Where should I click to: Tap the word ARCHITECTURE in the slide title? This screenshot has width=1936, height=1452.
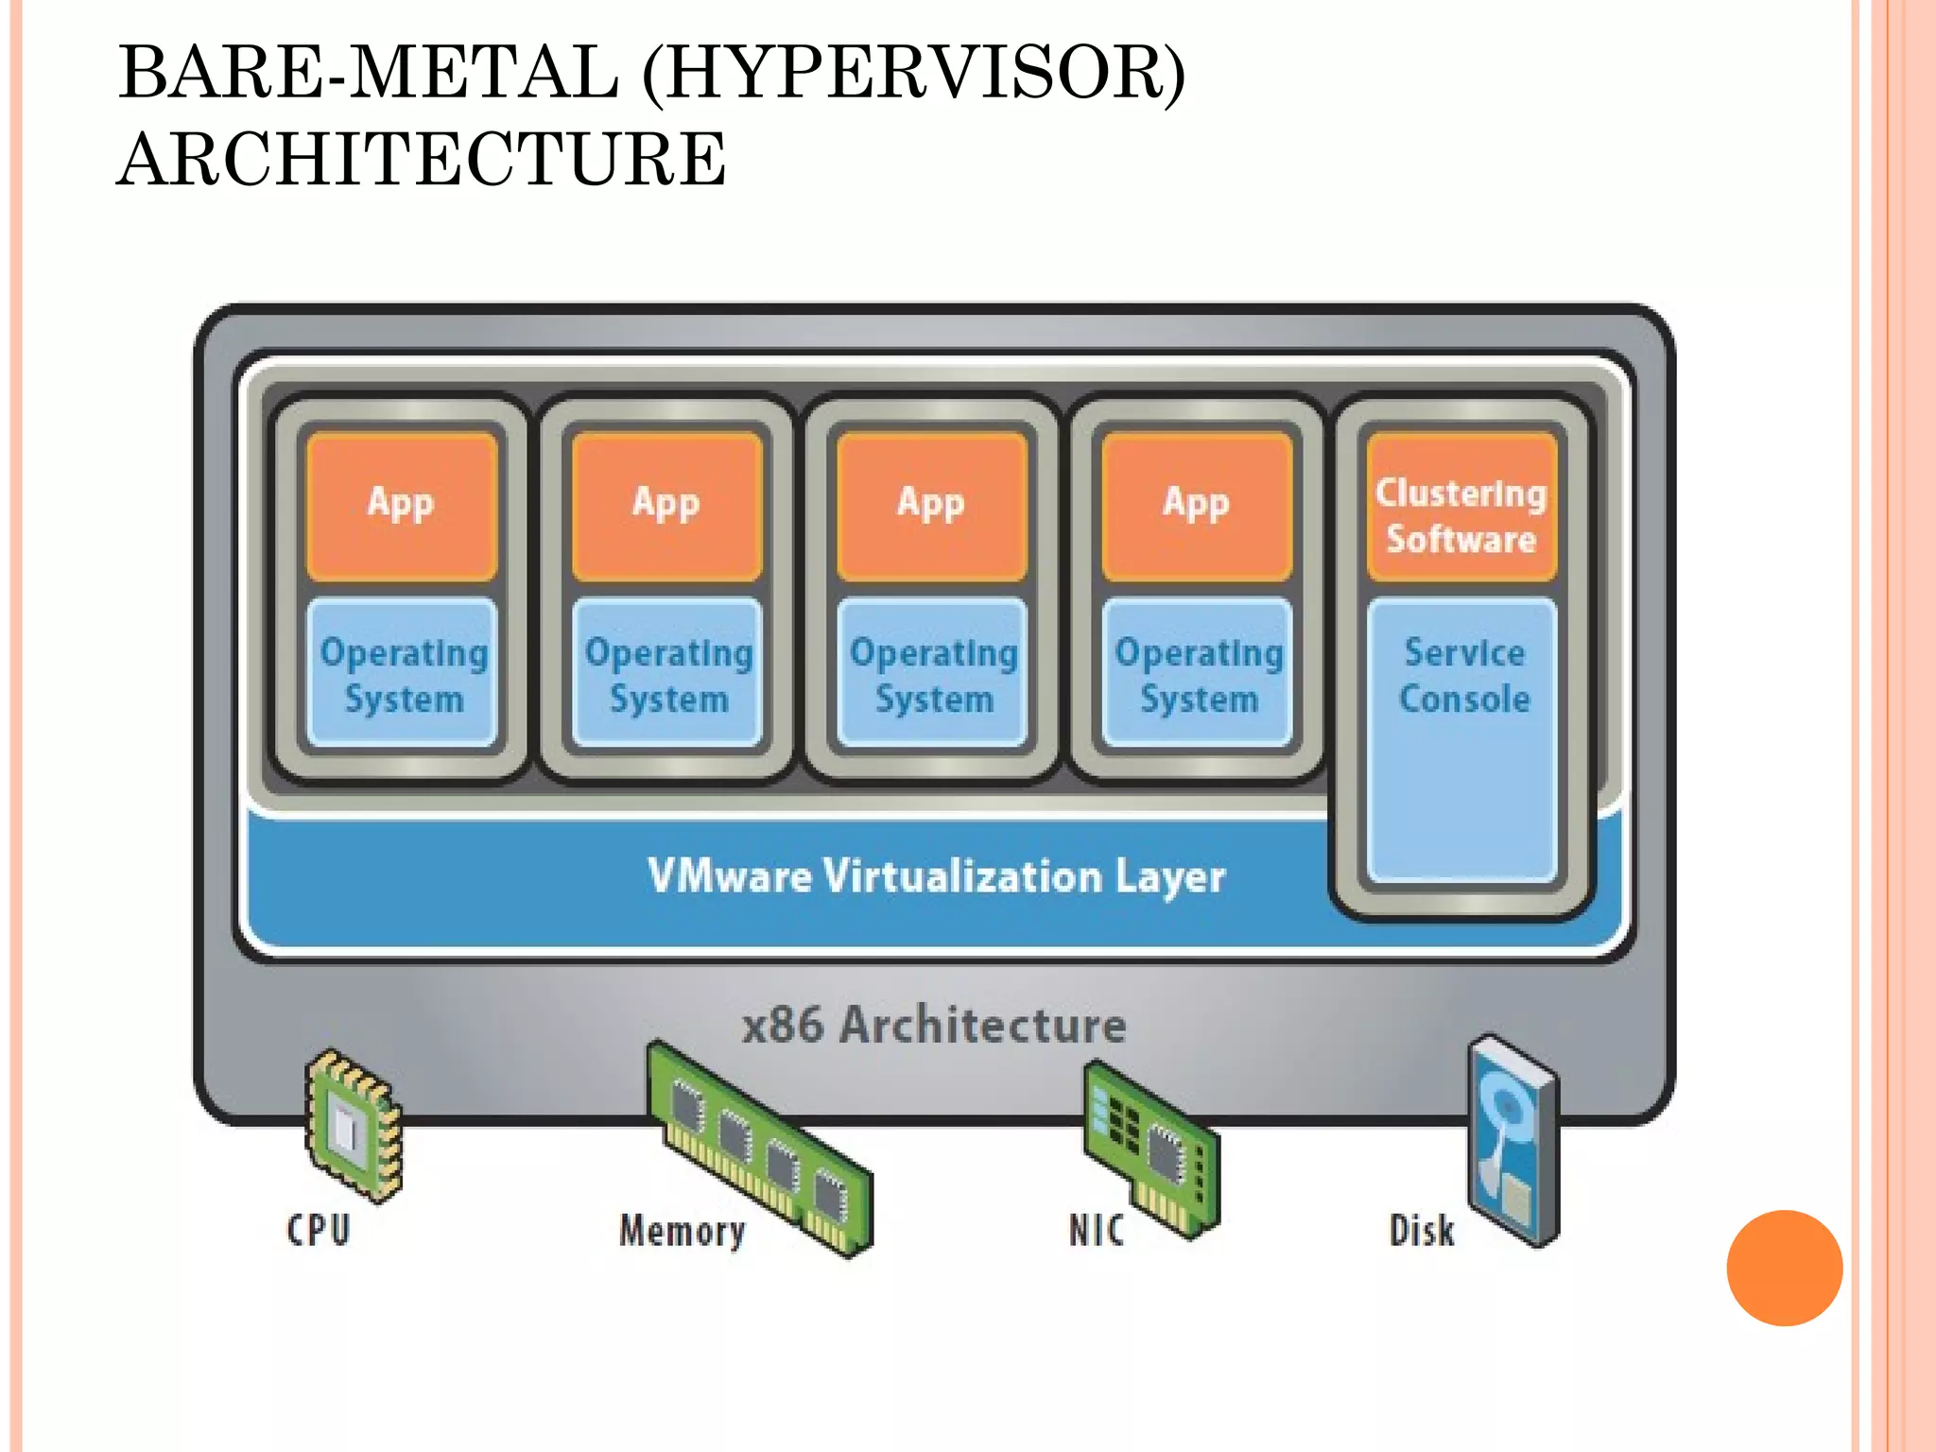click(x=422, y=159)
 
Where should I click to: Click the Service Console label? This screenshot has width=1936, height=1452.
click(x=1463, y=676)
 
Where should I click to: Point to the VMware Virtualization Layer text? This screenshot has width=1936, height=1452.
click(x=936, y=876)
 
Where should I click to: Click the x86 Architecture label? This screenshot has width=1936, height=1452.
click(x=934, y=1025)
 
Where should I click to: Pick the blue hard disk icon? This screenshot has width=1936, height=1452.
click(x=1512, y=1139)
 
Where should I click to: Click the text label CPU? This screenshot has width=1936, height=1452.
click(x=319, y=1230)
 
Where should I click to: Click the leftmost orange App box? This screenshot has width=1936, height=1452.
click(x=402, y=507)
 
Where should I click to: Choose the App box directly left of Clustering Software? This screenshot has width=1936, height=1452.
click(x=1197, y=507)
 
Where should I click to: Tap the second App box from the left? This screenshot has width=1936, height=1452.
click(x=666, y=507)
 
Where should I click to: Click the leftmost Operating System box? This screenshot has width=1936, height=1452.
click(x=403, y=674)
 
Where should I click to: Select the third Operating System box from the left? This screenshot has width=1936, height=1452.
click(x=933, y=674)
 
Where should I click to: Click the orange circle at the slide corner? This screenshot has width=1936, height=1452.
click(x=1784, y=1268)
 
